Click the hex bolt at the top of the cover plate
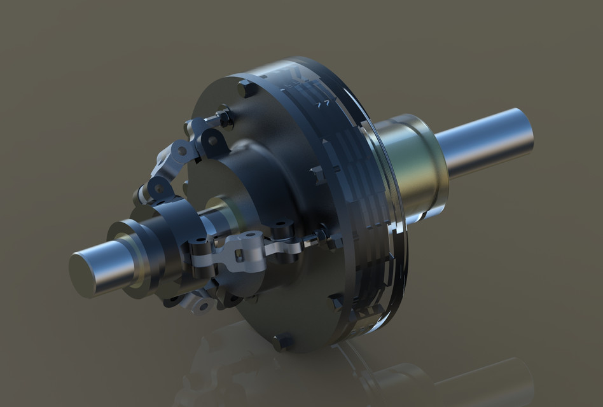[x=244, y=89]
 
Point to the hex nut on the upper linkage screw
[x=223, y=118]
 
